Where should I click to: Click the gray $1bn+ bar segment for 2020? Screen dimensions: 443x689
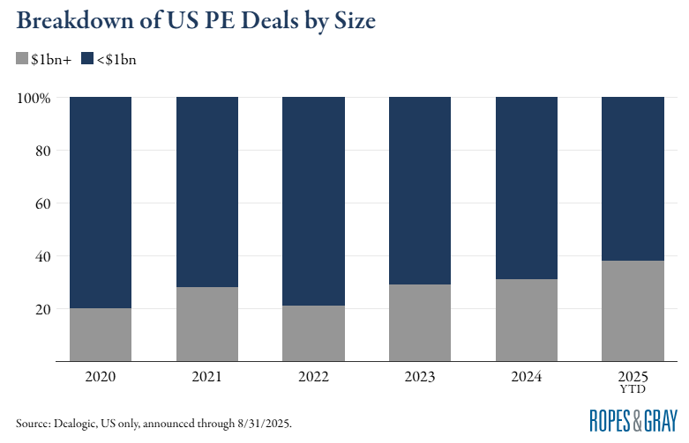point(101,335)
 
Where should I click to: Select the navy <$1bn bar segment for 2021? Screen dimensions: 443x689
point(207,192)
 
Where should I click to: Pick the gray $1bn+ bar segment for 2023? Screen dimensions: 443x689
point(420,322)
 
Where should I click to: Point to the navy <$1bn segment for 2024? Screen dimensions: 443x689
point(527,188)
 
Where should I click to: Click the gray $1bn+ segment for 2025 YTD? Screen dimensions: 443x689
point(633,311)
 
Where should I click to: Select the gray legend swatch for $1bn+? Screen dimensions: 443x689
point(22,59)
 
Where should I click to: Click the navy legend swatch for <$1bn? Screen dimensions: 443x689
point(86,59)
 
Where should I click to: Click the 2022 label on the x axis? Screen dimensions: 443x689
point(313,376)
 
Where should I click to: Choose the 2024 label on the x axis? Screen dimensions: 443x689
point(527,376)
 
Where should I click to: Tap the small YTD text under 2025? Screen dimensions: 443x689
point(633,388)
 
